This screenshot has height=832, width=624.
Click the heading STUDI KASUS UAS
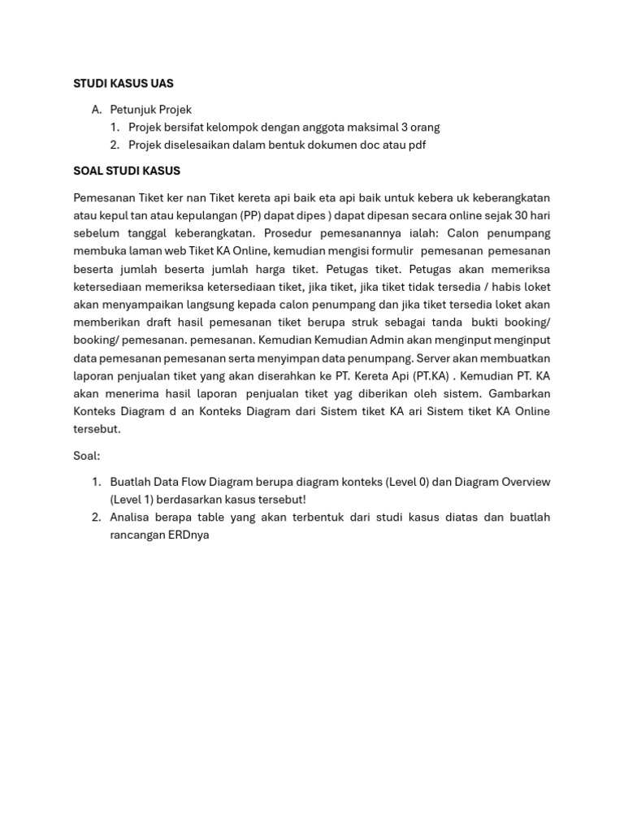[x=123, y=84]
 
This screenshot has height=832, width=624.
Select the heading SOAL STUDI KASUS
[x=127, y=171]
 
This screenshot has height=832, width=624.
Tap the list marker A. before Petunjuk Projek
[x=97, y=110]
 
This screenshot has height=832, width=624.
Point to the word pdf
[x=416, y=145]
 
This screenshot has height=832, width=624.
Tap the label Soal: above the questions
[x=87, y=456]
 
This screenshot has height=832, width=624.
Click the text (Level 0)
[x=401, y=482]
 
